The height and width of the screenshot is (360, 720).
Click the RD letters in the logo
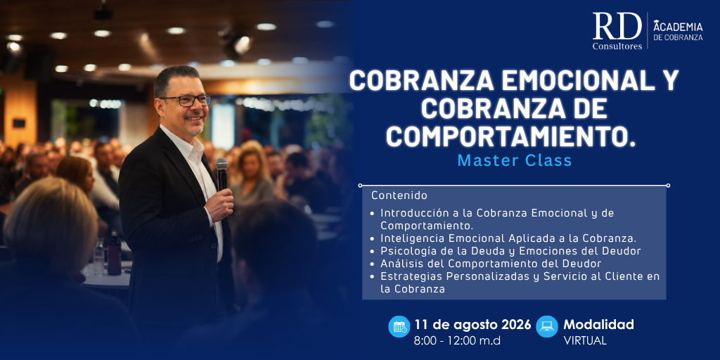coord(617,26)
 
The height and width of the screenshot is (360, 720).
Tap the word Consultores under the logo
coord(617,46)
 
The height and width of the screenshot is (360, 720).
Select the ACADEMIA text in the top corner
coord(678,26)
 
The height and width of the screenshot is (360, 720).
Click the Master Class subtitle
coord(514,160)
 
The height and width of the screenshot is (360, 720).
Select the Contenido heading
coord(399,195)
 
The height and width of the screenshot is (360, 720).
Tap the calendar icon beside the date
coord(399,326)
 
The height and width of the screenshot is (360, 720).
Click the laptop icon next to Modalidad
coord(547,326)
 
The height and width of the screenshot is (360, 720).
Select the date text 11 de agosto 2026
coord(472,325)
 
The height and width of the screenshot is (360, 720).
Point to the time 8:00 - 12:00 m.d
coord(457,341)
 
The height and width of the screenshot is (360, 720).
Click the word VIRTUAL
coord(585,341)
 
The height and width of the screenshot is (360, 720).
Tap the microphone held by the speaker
coord(221,174)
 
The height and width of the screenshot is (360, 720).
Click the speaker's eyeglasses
coord(186,101)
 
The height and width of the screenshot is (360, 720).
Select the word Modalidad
coord(599,325)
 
